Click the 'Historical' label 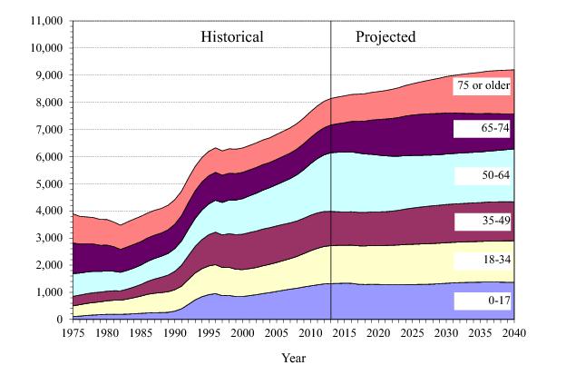(231, 38)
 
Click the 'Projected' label (385, 38)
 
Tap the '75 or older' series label (483, 86)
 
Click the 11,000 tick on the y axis (44, 20)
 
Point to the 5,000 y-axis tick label (47, 183)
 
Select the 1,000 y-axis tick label (47, 292)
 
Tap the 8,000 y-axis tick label (47, 102)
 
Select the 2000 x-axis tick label (243, 333)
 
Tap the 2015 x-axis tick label (346, 333)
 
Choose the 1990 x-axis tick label (175, 333)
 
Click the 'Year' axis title (294, 357)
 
